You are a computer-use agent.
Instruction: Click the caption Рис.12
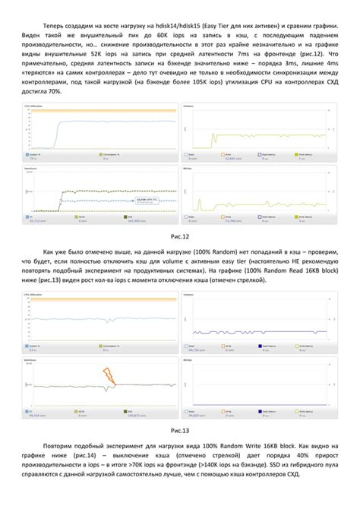[x=180, y=236]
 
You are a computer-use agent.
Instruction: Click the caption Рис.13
[x=180, y=430]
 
